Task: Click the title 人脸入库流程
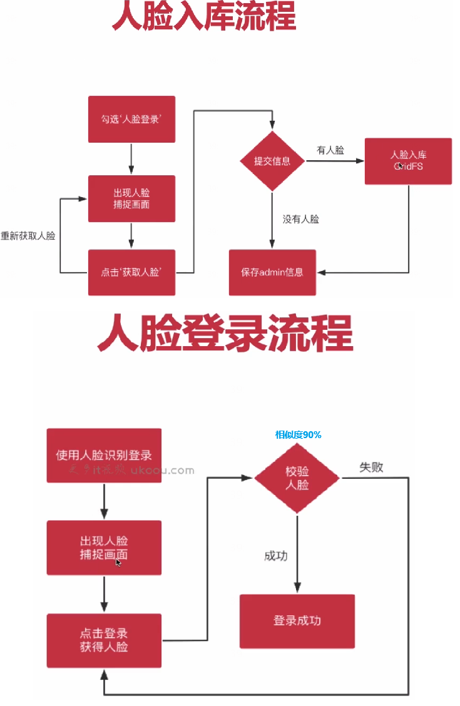pyautogui.click(x=203, y=17)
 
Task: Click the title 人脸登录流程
pyautogui.click(x=225, y=334)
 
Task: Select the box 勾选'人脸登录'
pyautogui.click(x=131, y=119)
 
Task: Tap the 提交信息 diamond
pyautogui.click(x=272, y=161)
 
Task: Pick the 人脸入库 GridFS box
pyautogui.click(x=408, y=161)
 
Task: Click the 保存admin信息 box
pyautogui.click(x=272, y=272)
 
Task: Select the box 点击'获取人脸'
pyautogui.click(x=131, y=272)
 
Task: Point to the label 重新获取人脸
pyautogui.click(x=28, y=236)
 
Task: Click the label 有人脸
pyautogui.click(x=330, y=150)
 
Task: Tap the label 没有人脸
pyautogui.click(x=301, y=219)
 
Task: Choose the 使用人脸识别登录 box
pyautogui.click(x=104, y=455)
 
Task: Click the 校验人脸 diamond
pyautogui.click(x=297, y=478)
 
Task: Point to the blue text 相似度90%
pyautogui.click(x=298, y=434)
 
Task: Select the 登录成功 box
pyautogui.click(x=297, y=621)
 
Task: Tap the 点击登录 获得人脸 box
pyautogui.click(x=104, y=640)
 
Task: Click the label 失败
pyautogui.click(x=371, y=467)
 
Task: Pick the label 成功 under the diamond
pyautogui.click(x=276, y=556)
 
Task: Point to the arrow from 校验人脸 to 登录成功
pyautogui.click(x=297, y=551)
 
